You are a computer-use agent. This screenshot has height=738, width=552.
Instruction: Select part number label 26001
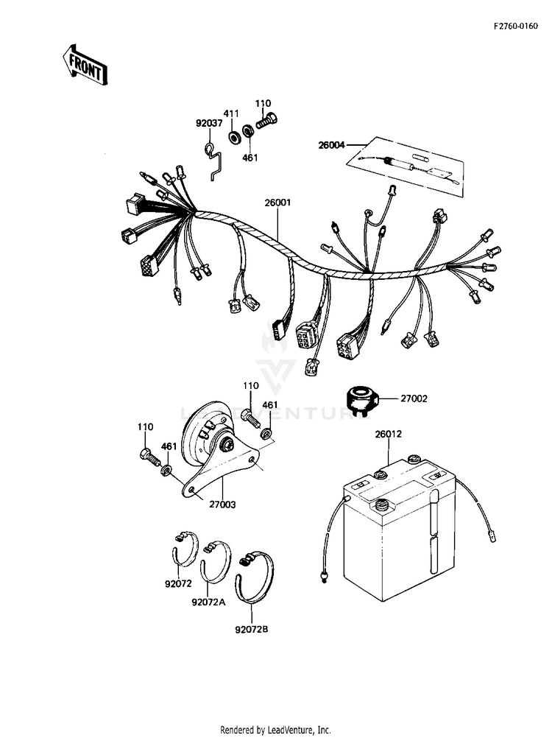tap(278, 203)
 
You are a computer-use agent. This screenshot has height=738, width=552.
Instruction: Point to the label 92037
tap(208, 124)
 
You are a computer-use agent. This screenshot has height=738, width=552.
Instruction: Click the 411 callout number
tap(232, 113)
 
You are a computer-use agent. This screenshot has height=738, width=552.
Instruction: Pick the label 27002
tap(412, 398)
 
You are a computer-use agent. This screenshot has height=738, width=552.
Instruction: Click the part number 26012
tap(388, 434)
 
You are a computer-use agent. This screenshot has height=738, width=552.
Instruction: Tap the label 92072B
tap(251, 630)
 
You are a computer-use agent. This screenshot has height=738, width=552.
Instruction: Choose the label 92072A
tap(208, 602)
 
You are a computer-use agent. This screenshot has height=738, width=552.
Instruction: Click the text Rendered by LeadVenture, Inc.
tap(275, 730)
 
